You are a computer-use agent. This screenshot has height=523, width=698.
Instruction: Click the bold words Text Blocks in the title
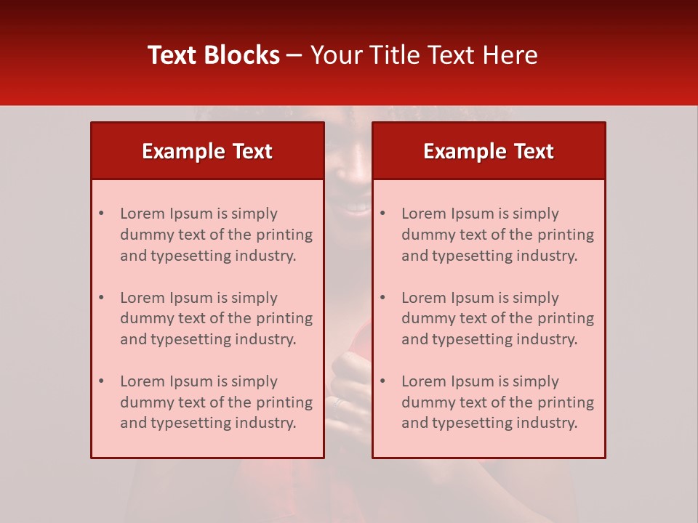[214, 55]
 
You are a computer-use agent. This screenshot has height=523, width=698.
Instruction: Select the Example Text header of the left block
[207, 151]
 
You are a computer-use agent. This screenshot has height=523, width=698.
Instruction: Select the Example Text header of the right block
[489, 151]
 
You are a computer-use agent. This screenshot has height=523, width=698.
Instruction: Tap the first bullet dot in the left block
[101, 214]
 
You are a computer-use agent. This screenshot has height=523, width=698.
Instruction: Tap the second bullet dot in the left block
[101, 298]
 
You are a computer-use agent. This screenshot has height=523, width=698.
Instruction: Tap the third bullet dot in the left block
[101, 381]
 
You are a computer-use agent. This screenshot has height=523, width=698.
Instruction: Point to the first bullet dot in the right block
[382, 214]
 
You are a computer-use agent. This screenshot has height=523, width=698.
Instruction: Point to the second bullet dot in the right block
[382, 298]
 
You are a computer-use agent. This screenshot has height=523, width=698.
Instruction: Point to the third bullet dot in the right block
[382, 381]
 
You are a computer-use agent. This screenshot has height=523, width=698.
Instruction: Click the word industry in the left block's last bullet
[268, 423]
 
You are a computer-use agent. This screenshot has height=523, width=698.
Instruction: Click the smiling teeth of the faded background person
[356, 208]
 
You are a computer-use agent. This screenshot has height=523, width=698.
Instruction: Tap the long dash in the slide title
[294, 55]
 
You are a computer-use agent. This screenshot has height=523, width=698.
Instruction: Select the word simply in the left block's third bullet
[254, 381]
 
